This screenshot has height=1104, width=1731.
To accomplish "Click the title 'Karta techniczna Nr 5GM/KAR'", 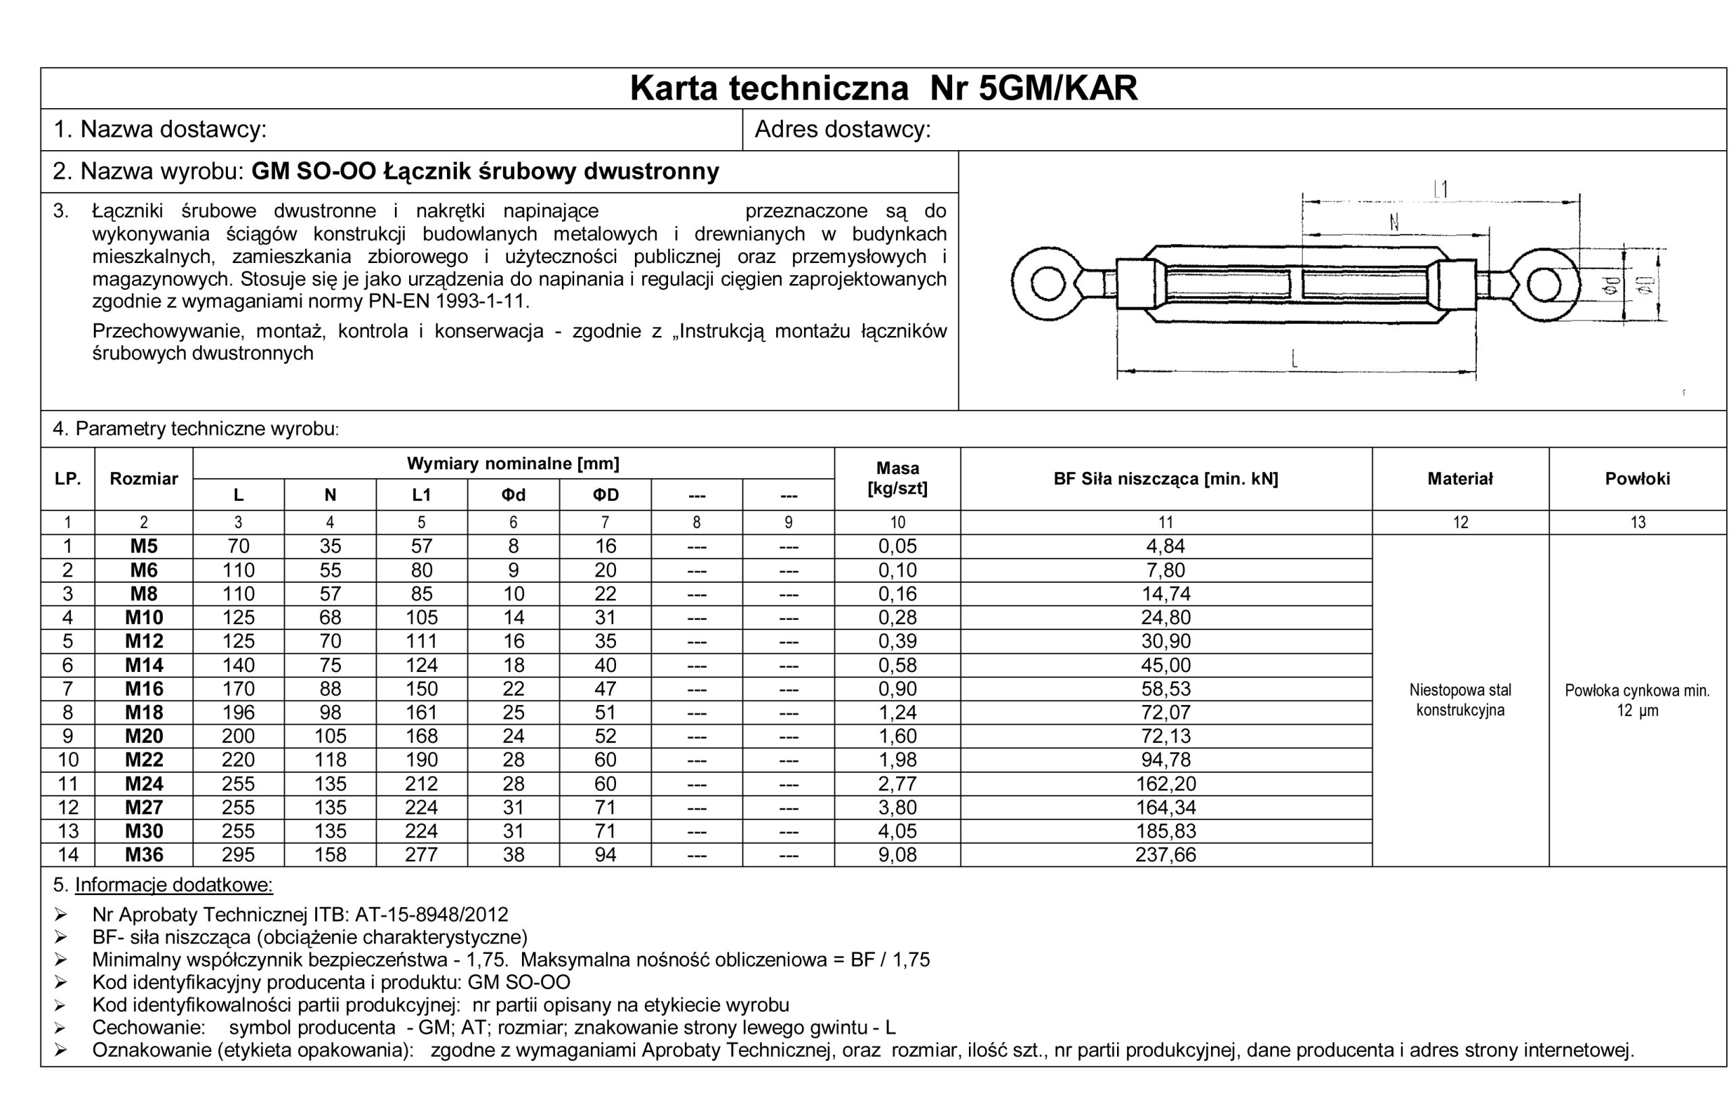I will point(884,89).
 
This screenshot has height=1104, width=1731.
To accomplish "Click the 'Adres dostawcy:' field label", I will point(843,129).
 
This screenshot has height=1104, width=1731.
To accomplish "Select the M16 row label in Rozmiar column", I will point(144,688).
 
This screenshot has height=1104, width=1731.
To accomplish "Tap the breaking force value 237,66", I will point(1165,855).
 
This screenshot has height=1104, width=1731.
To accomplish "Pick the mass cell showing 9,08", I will point(897,855).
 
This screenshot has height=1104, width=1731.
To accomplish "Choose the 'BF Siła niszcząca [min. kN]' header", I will point(1165,479).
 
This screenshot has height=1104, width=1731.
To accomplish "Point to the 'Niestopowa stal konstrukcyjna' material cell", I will point(1460,700).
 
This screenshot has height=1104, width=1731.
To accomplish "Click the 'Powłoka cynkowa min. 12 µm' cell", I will point(1637,700).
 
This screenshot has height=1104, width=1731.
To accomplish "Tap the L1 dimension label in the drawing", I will point(1440,189).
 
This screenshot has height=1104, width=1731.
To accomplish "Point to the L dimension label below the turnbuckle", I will point(1295,357).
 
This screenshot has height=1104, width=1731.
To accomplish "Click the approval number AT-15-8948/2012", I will point(431,915).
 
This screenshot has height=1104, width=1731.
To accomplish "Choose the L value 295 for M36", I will point(238,855).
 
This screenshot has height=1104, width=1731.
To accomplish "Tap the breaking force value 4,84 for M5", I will point(1165,546).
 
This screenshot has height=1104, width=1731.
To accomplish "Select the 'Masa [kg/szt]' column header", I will point(897,479).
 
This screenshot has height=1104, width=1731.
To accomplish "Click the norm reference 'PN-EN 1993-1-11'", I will point(446,300).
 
